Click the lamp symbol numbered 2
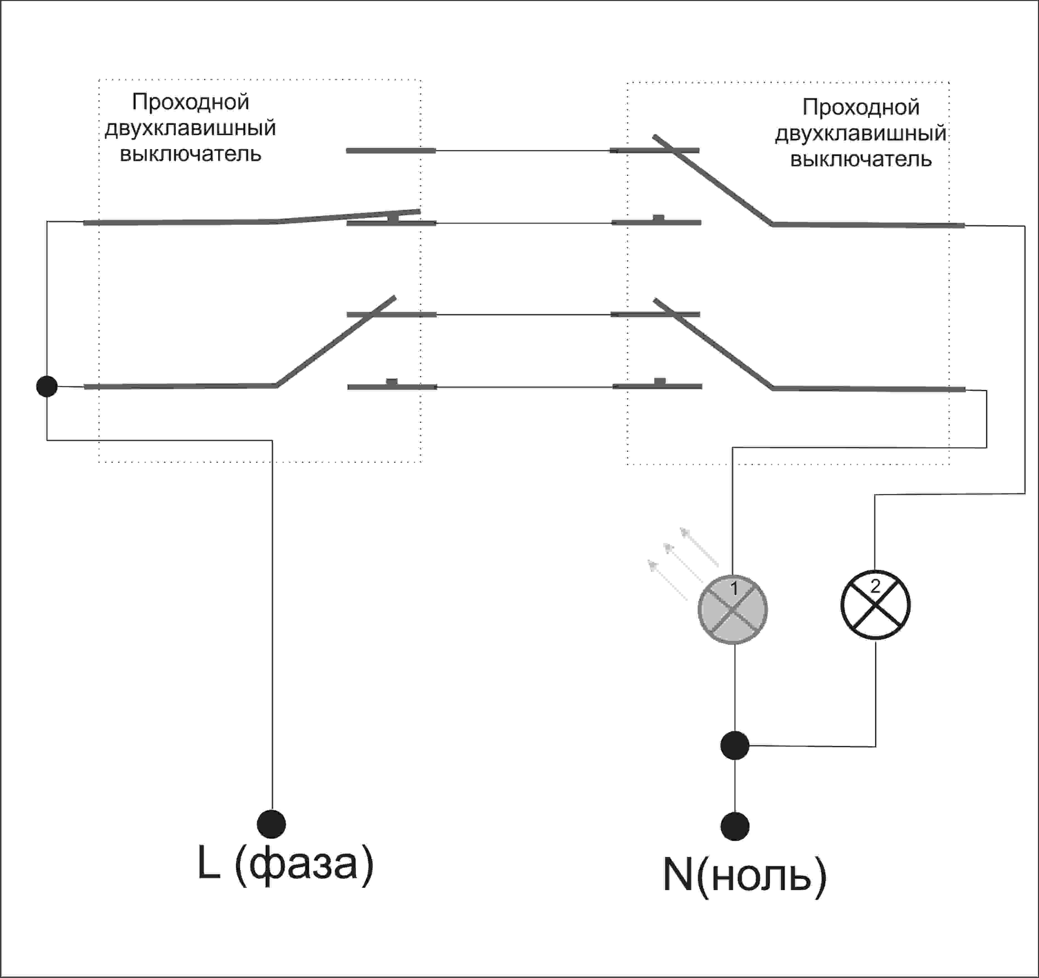pyautogui.click(x=875, y=605)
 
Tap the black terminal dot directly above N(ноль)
pyautogui.click(x=735, y=826)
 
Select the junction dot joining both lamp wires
pyautogui.click(x=735, y=745)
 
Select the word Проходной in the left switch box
pyautogui.click(x=190, y=102)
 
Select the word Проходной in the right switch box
pyautogui.click(x=861, y=107)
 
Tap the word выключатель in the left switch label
pyautogui.click(x=190, y=154)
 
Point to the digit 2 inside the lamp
pyautogui.click(x=875, y=586)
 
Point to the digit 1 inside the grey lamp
pyautogui.click(x=734, y=589)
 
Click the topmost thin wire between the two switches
pyautogui.click(x=523, y=150)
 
